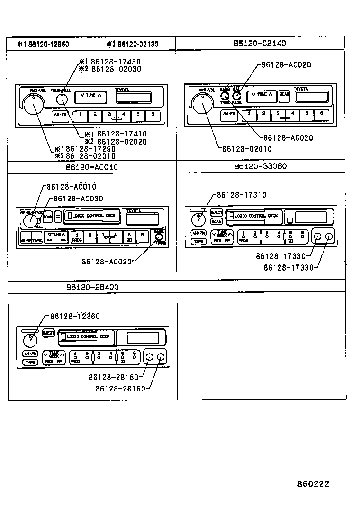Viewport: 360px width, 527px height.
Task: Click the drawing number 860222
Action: click(313, 484)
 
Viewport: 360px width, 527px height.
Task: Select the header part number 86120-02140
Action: click(260, 43)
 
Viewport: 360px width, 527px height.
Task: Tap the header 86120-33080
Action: click(260, 166)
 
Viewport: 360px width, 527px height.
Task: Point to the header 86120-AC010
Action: click(92, 167)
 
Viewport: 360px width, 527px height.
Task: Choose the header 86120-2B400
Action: click(92, 287)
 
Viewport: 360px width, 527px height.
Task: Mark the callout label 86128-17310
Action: click(241, 195)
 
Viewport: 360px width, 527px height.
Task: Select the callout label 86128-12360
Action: click(73, 316)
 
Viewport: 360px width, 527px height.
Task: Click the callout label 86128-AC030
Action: click(78, 199)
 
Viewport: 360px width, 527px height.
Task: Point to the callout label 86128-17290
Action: click(90, 148)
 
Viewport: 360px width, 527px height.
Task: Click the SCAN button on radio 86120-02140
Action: click(284, 95)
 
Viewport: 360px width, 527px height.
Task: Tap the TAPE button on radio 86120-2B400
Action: click(30, 362)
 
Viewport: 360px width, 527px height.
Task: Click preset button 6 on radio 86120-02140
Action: click(321, 114)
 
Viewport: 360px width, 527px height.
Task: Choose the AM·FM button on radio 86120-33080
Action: click(198, 233)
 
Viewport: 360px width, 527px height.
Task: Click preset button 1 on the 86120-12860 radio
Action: click(81, 115)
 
